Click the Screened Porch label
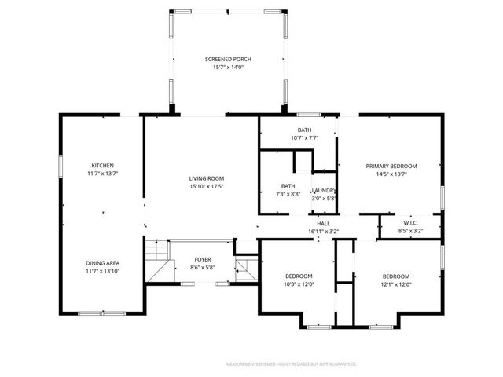(x=229, y=60)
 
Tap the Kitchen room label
(x=103, y=165)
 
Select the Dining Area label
(x=103, y=263)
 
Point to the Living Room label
(x=207, y=178)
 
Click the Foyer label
(x=203, y=259)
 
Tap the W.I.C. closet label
(x=410, y=224)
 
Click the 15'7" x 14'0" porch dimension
(x=229, y=68)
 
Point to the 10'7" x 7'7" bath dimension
(x=304, y=137)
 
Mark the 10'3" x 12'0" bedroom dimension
(x=299, y=284)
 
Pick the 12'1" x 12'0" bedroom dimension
(x=395, y=284)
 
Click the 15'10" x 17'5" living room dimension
(x=207, y=186)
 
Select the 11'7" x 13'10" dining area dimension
(x=103, y=271)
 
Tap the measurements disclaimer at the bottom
(x=291, y=364)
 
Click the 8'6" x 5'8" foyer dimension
(x=203, y=267)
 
